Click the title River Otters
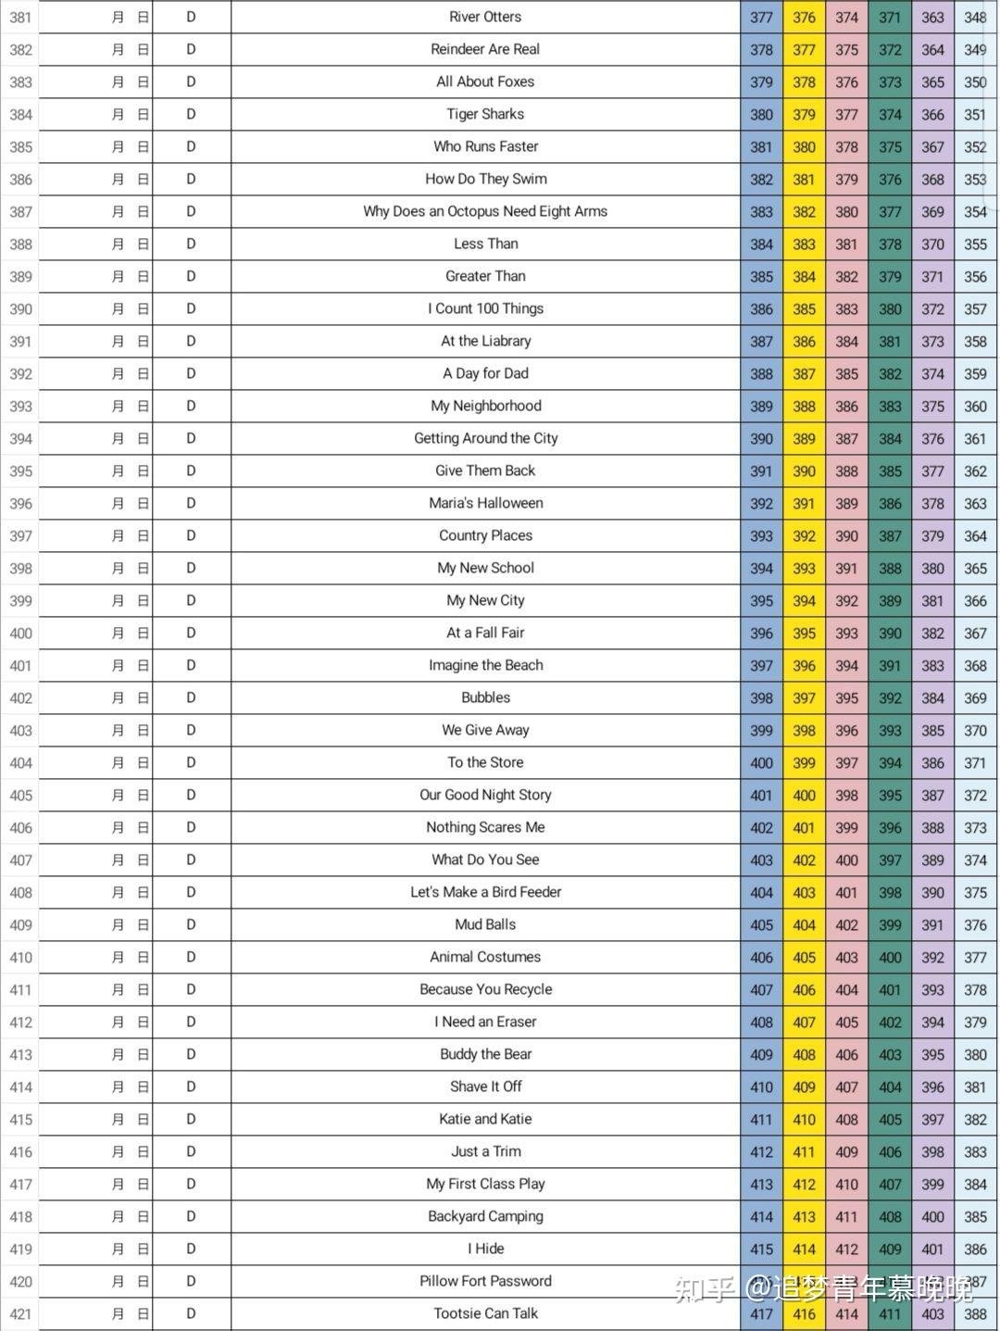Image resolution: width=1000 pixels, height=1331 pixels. (485, 17)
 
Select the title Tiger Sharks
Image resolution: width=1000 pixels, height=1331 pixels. (485, 114)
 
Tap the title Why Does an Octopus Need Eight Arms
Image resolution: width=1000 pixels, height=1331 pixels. (485, 211)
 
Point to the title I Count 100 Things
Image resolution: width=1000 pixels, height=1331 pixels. (485, 308)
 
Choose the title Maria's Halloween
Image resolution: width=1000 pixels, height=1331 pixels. (485, 503)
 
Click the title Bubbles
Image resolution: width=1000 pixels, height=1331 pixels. (485, 697)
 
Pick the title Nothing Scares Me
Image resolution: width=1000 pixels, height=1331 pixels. (485, 827)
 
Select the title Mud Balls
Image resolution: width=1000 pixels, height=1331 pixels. (485, 924)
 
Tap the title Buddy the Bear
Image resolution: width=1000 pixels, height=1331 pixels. (485, 1054)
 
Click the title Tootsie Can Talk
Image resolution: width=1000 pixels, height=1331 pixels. (485, 1313)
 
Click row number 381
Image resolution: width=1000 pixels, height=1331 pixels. (20, 18)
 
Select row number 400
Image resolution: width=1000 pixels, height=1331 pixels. (20, 634)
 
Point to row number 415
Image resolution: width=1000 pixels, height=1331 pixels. (20, 1120)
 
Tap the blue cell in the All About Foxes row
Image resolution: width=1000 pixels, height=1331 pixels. (761, 82)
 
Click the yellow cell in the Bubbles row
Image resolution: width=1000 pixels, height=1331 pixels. (804, 698)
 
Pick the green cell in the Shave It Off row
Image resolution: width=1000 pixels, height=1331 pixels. (890, 1087)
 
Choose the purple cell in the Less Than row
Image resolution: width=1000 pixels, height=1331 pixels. (932, 245)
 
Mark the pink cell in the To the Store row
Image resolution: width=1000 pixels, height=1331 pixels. (846, 763)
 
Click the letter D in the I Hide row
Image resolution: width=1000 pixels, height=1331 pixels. (191, 1249)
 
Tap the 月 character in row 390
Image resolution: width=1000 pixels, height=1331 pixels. (118, 308)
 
